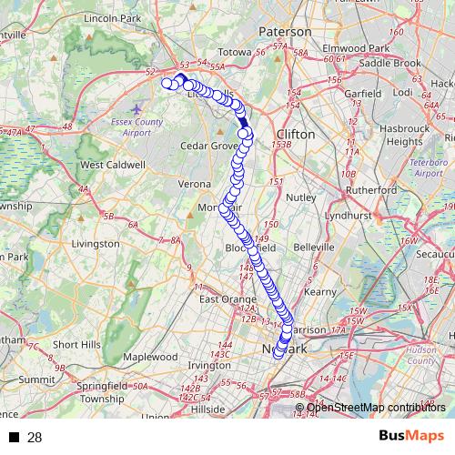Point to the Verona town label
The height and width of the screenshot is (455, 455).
[194, 184]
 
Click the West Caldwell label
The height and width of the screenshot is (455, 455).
[113, 165]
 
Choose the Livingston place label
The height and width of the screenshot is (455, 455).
[95, 244]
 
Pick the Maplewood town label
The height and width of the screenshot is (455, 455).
[150, 357]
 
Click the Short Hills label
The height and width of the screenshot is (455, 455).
[77, 345]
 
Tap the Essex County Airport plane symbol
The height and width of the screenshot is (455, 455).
[136, 109]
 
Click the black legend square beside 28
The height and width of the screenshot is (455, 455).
[14, 438]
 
